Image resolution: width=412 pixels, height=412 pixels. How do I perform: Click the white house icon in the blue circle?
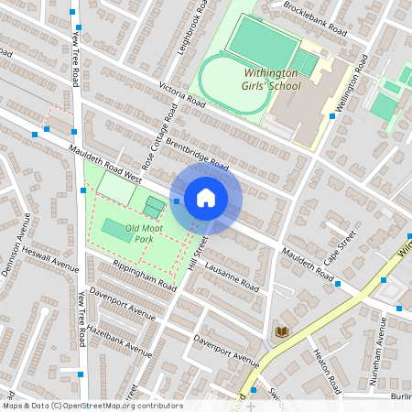coord(206,197)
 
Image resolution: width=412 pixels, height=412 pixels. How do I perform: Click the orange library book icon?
coord(282,331)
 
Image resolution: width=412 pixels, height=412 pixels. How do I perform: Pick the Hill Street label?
coord(193,252)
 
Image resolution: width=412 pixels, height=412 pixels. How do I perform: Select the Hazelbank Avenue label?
coord(120,340)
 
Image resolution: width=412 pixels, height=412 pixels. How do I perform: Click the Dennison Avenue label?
coord(17,237)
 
